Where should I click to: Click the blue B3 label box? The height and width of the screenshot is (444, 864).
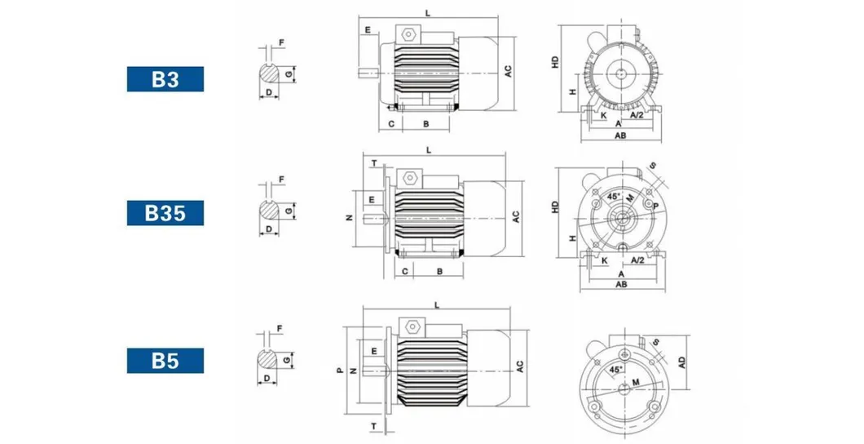click(x=165, y=79)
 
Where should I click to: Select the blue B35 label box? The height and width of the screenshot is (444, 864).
click(x=165, y=213)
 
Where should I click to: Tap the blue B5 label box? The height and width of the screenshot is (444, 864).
click(x=165, y=361)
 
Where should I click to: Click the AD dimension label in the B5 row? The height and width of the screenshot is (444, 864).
click(x=682, y=362)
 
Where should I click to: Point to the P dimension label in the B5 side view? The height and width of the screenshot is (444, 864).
click(x=340, y=370)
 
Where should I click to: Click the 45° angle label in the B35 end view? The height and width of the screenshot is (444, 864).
click(x=613, y=197)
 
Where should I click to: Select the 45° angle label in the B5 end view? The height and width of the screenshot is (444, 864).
click(x=615, y=369)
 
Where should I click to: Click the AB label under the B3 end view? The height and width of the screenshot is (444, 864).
click(x=620, y=135)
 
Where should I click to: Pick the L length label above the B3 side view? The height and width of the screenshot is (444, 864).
click(x=428, y=13)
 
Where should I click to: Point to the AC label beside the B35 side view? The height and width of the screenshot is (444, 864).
click(x=516, y=217)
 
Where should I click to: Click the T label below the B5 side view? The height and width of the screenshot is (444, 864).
click(x=373, y=426)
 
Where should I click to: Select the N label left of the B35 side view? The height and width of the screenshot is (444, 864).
click(x=349, y=218)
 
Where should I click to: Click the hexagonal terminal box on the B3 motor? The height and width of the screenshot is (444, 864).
click(x=408, y=34)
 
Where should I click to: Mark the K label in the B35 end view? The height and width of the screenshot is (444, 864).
click(x=605, y=260)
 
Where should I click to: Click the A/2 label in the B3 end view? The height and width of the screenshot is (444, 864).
click(x=637, y=115)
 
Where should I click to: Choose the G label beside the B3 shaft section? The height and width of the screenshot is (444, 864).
click(x=289, y=74)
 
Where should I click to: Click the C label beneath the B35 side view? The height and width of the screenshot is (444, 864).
click(x=405, y=271)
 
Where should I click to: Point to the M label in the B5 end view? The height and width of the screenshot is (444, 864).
click(x=636, y=382)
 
